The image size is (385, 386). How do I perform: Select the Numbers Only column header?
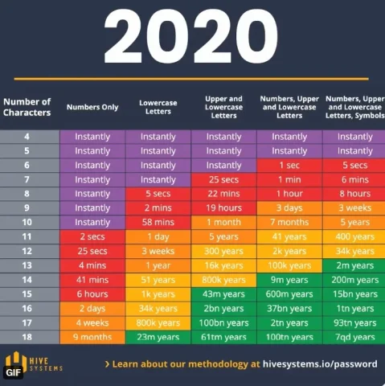(92, 106)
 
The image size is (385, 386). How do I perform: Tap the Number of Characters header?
(27, 106)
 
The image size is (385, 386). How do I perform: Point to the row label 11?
(27, 236)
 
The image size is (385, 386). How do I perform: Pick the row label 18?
(27, 337)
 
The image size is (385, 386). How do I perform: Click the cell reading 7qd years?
(354, 337)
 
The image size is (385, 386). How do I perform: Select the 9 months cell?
(92, 337)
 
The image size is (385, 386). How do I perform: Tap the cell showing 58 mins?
(158, 222)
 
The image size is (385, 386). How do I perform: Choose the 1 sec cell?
(289, 165)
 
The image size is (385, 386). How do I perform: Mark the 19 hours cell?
(224, 207)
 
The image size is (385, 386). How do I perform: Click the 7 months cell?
(289, 222)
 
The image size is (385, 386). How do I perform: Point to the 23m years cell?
(158, 337)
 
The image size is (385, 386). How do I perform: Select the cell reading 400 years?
(354, 236)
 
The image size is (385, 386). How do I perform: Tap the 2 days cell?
(92, 308)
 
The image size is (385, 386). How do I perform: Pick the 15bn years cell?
(354, 294)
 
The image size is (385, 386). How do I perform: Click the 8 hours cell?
(354, 193)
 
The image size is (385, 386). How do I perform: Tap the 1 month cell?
(224, 222)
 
